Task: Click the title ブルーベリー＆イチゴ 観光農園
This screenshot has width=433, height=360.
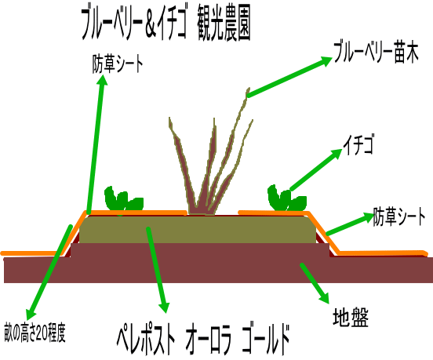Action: (166, 25)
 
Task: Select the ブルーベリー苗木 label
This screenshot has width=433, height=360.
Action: (376, 53)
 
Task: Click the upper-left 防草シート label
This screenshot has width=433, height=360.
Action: (118, 64)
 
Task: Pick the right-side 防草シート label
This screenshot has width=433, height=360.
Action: (399, 216)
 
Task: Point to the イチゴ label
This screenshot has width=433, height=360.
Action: (358, 144)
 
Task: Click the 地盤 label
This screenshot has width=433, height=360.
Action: (351, 317)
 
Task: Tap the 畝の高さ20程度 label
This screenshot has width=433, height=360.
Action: (35, 332)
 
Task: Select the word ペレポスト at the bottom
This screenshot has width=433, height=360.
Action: (146, 340)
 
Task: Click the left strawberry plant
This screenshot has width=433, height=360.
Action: (123, 199)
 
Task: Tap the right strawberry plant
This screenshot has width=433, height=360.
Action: (286, 198)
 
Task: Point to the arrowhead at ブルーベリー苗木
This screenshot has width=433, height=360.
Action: (325, 61)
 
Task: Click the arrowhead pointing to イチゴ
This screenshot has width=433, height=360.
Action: (336, 154)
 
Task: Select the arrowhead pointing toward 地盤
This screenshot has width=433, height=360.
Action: (324, 297)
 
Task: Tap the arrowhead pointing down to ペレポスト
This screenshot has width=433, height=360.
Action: (164, 307)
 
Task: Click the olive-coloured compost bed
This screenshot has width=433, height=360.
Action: (197, 230)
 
